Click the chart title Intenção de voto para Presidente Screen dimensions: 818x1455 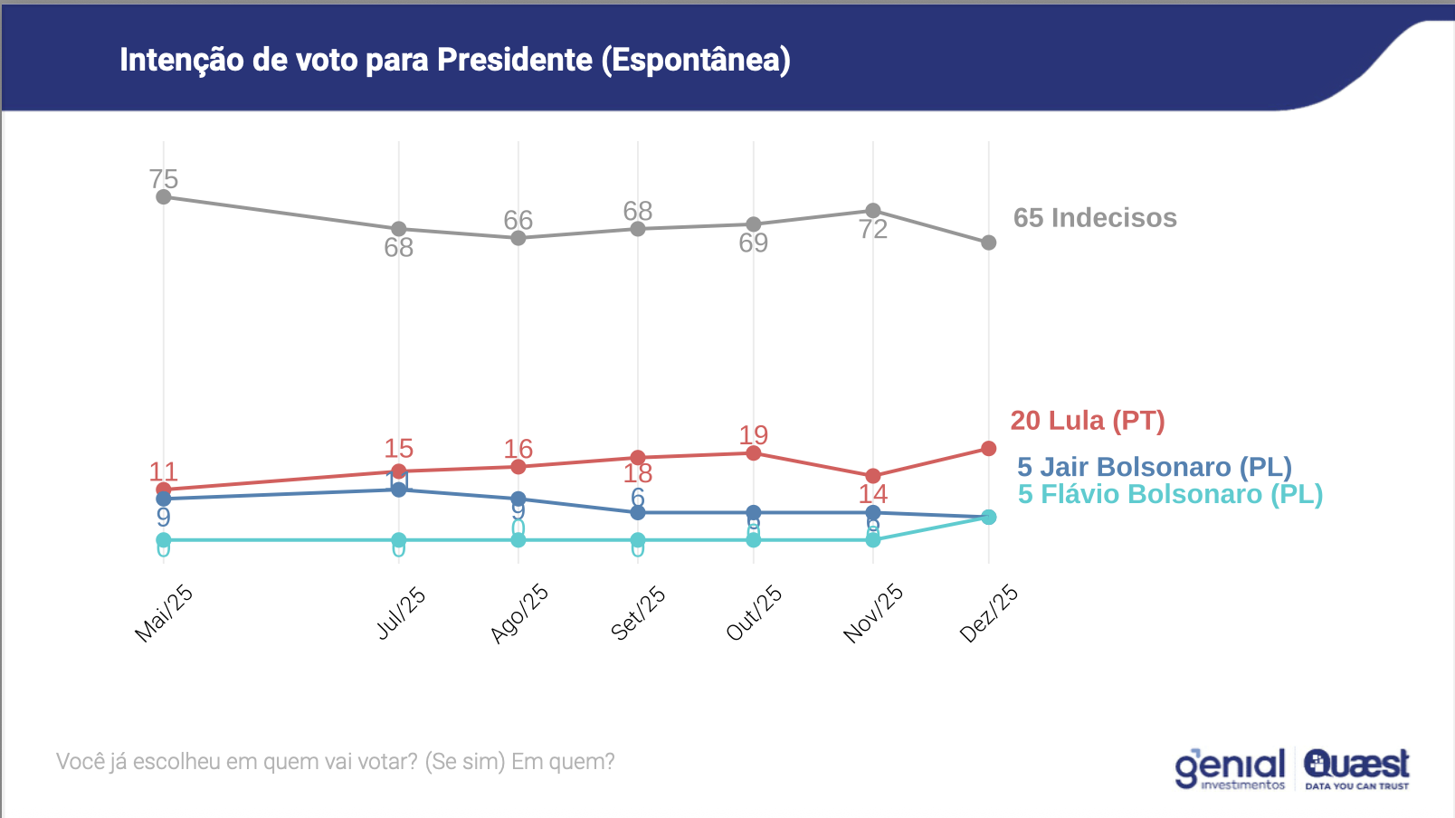pos(454,60)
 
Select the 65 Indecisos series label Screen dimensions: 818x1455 pos(1095,218)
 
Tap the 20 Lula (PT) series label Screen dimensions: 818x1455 pos(1088,421)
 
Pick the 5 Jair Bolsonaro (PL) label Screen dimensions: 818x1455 pos(1155,467)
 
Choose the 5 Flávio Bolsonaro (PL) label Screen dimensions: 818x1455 pos(1170,494)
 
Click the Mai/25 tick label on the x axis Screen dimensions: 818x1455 pos(164,613)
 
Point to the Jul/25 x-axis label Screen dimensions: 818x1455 pos(401,613)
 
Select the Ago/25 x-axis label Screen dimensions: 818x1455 pos(519,613)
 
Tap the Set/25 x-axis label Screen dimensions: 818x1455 pos(638,613)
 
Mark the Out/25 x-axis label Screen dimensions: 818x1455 pos(754,613)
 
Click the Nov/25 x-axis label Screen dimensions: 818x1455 pos(873,613)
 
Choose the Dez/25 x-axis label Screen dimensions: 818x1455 pos(989,613)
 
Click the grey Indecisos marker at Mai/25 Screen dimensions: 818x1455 pos(164,197)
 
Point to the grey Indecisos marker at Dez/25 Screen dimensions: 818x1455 pos(989,243)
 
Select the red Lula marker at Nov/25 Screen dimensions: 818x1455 pos(873,476)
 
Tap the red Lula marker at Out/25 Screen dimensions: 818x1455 pos(754,453)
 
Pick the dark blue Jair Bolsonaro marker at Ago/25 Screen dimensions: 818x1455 pos(518,499)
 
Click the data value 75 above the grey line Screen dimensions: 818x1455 pos(164,179)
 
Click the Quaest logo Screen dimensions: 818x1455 pos(1356,768)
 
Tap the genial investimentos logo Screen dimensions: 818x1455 pos(1230,769)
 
